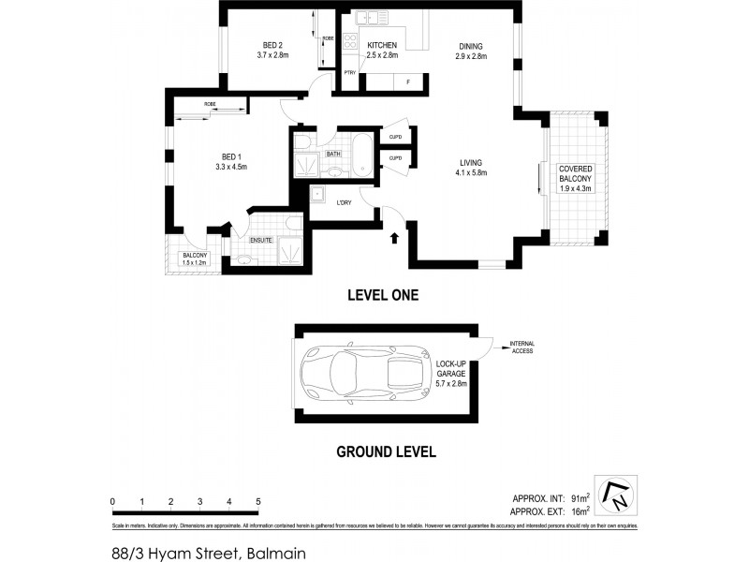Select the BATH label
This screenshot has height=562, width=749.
tap(333, 154)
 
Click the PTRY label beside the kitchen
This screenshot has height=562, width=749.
tap(349, 72)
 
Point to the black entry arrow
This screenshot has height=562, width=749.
tap(394, 239)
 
